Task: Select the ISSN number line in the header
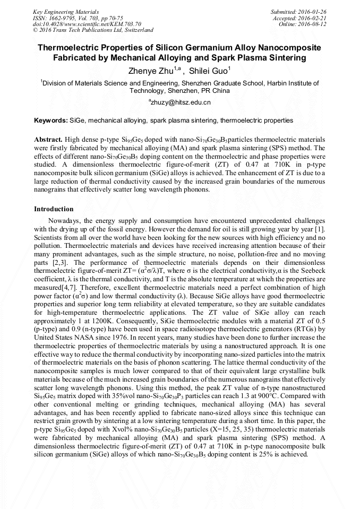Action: coord(78,18)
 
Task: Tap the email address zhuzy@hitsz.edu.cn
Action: coord(181,102)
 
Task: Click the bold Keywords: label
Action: coord(50,121)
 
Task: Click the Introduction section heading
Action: coord(54,209)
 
